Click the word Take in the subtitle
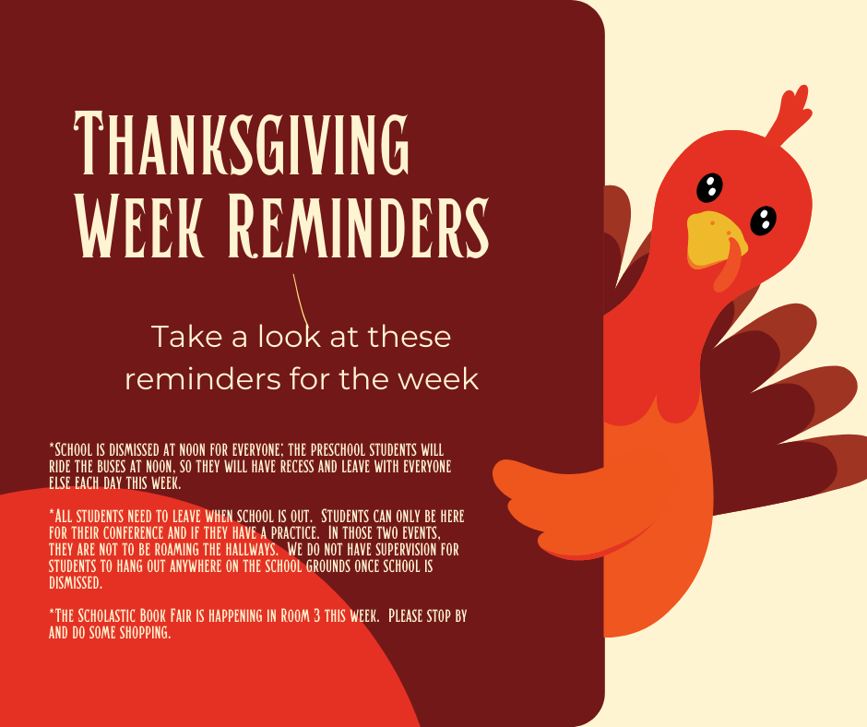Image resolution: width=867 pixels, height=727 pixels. (187, 337)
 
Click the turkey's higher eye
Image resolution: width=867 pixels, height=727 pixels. (708, 187)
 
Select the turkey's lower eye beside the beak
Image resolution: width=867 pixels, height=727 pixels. (763, 220)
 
